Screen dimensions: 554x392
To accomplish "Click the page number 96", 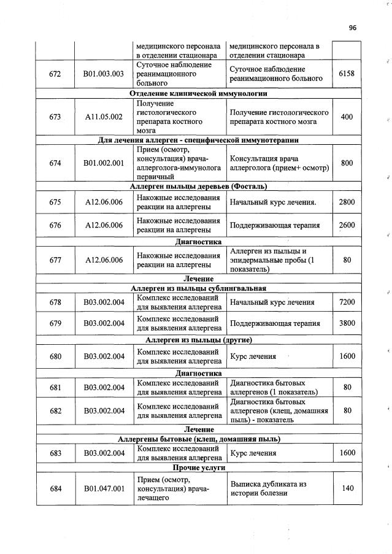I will point(352,28).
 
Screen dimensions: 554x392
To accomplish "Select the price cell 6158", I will point(347,74).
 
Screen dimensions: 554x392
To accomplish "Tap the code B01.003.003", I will point(104,74).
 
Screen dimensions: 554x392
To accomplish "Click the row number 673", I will point(55,117).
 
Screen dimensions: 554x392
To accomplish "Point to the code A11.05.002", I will point(104,117).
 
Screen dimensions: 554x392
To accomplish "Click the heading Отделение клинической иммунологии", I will point(199,93).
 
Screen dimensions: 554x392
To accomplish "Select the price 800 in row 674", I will point(347,163).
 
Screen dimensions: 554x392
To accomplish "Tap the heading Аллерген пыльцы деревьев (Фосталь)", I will point(199,186).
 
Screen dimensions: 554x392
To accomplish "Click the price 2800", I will point(347,202).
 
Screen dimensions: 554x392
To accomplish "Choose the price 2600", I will point(347,225).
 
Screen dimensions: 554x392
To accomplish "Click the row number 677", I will point(55,260).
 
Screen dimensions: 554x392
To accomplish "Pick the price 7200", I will point(347,302).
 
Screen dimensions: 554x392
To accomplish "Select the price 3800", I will point(347,323).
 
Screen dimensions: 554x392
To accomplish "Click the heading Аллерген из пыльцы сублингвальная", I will point(199,288).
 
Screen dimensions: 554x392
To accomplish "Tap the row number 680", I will point(55,356).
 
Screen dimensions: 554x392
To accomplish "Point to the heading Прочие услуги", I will point(199,467).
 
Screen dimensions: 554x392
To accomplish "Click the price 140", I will point(347,488).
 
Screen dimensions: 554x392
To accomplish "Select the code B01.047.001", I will point(104,488).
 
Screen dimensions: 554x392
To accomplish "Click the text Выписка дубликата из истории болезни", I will point(268,488).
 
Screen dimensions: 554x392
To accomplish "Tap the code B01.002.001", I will point(104,163).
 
